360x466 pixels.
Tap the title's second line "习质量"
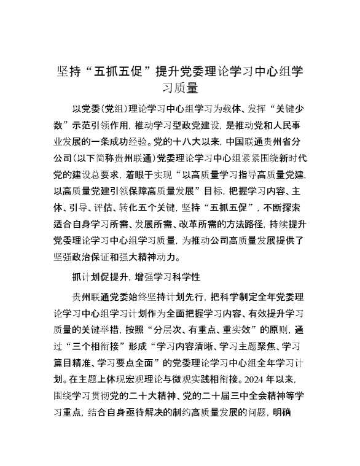[x=180, y=88]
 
